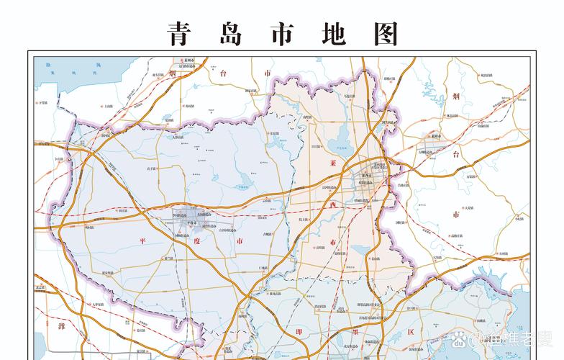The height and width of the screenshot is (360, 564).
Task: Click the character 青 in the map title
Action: click(180, 33)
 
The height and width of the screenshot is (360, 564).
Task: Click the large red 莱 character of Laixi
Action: click(332, 163)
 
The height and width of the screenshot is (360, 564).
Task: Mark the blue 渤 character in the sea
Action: click(48, 65)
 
